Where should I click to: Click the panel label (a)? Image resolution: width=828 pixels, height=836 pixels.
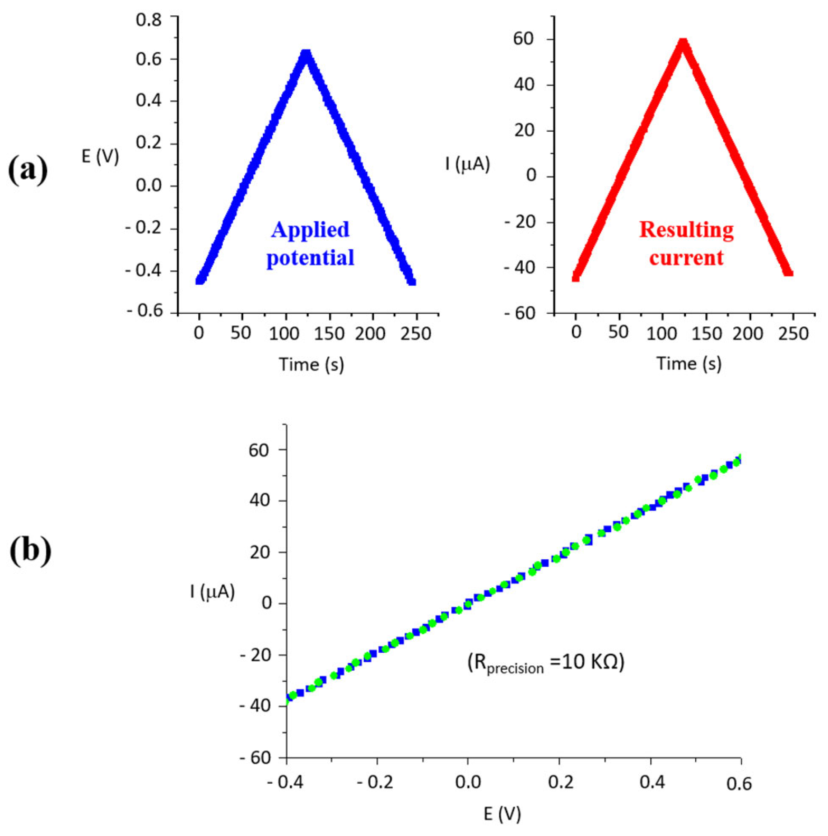pos(28,169)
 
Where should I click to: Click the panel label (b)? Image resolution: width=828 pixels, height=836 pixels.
pos(30,550)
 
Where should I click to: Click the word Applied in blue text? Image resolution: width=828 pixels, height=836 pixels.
pos(310,230)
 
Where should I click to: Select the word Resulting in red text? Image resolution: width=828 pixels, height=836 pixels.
pos(686,230)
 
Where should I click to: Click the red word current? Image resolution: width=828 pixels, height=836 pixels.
pos(686,258)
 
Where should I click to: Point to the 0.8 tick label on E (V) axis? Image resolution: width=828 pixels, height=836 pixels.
pos(149,20)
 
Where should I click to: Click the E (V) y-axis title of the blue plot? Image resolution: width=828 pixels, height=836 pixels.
pos(100,157)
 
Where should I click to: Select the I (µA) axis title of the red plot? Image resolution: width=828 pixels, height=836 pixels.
pos(467,163)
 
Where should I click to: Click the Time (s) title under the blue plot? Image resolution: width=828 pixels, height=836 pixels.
pos(311,364)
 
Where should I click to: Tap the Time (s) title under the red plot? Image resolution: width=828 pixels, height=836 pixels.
pos(688,363)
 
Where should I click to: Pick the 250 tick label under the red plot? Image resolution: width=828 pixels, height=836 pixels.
pos(793,333)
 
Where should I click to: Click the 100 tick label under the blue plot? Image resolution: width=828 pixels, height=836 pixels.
pos(284,334)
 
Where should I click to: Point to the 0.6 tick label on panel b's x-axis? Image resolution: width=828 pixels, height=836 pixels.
pos(739,784)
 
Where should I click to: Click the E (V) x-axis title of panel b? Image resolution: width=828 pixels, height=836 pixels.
pos(502,813)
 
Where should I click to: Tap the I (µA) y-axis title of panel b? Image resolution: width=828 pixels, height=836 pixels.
pos(212,591)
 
